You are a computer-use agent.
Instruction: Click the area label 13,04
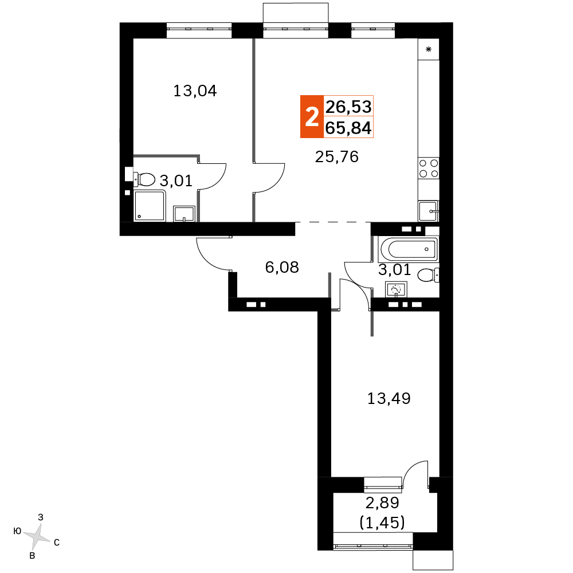click(195, 91)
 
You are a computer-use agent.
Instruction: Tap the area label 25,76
click(336, 157)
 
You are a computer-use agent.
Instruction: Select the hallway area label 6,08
click(282, 268)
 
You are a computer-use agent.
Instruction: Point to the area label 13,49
click(388, 398)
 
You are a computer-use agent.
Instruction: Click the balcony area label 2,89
click(382, 503)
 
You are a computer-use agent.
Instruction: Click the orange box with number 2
click(312, 116)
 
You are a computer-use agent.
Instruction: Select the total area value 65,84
click(348, 128)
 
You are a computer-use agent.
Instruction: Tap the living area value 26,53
click(348, 107)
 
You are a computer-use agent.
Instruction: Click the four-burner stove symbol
click(428, 168)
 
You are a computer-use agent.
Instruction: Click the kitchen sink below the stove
click(428, 211)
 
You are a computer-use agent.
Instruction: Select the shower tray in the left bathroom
click(150, 206)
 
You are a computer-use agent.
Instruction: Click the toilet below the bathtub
click(428, 275)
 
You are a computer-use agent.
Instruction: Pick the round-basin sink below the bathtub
click(396, 289)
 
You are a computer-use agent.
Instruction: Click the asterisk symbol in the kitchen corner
click(429, 49)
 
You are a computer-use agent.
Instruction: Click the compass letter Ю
click(17, 531)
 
